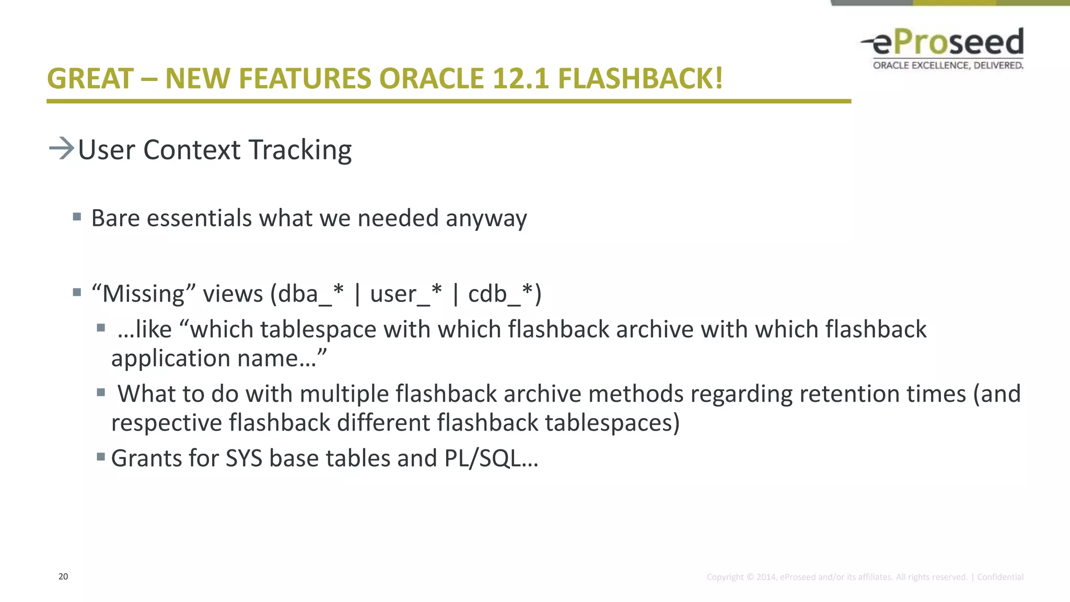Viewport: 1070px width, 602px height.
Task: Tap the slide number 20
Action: click(63, 576)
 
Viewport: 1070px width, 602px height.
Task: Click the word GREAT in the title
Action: click(90, 79)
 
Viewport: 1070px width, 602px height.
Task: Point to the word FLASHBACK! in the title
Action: click(640, 79)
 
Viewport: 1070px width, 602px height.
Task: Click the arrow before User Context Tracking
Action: click(61, 148)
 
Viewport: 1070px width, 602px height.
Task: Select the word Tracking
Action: click(300, 150)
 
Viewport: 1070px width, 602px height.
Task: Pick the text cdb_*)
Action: click(505, 294)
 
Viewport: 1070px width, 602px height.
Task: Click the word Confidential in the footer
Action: click(1000, 577)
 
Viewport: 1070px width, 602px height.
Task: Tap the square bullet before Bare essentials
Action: click(77, 216)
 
